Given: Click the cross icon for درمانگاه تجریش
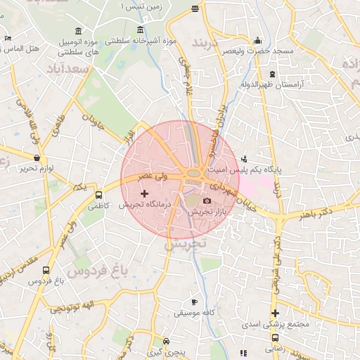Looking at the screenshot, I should pyautogui.click(x=145, y=193).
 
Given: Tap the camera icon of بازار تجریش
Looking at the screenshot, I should pyautogui.click(x=207, y=201).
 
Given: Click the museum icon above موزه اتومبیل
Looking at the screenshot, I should pyautogui.click(x=76, y=32).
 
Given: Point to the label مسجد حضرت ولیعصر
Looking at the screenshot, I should pyautogui.click(x=259, y=52).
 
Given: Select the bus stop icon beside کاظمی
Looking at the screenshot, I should pyautogui.click(x=98, y=195).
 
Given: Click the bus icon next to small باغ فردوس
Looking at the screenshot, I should pyautogui.click(x=46, y=269).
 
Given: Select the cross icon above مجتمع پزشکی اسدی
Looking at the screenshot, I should pyautogui.click(x=276, y=314).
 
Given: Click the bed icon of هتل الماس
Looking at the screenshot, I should pyautogui.click(x=7, y=39).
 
